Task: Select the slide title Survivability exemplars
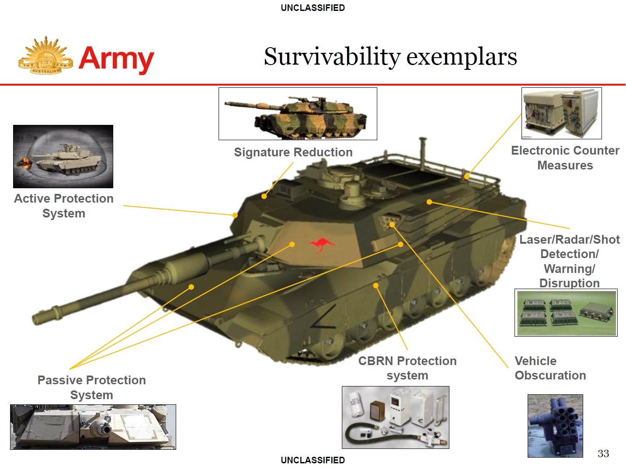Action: [x=390, y=57]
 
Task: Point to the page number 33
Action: [x=603, y=453]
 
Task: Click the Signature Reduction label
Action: [x=293, y=152]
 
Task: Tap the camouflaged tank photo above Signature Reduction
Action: [x=298, y=114]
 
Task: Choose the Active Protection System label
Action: [x=64, y=206]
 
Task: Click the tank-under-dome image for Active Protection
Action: [x=63, y=156]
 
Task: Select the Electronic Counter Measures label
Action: [x=565, y=158]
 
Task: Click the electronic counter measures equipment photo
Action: [x=561, y=113]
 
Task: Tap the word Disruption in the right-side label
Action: [x=569, y=283]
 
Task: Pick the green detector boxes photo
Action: [x=566, y=312]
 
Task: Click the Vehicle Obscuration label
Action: [x=550, y=368]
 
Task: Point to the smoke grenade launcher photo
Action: [x=555, y=426]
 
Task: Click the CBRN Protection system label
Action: [x=407, y=368]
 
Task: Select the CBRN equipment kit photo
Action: [x=395, y=417]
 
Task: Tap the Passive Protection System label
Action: [x=91, y=387]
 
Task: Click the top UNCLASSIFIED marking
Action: [x=313, y=8]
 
